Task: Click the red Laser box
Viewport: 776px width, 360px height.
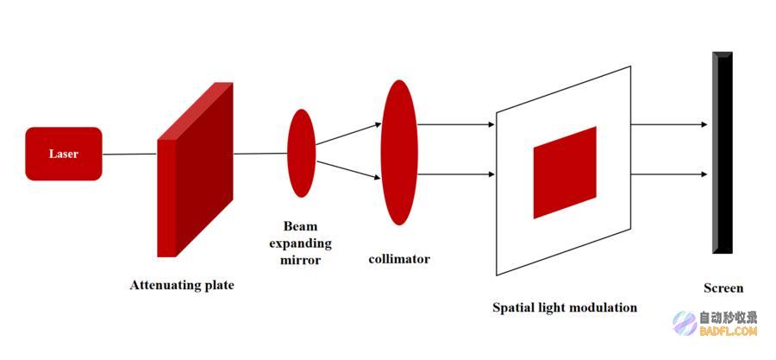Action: [64, 154]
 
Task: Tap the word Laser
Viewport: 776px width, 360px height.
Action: [64, 154]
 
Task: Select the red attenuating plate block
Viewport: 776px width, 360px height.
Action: [195, 169]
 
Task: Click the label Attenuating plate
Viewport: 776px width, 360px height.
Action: [182, 285]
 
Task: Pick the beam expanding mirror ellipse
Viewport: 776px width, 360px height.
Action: [302, 153]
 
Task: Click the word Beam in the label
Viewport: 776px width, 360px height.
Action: [300, 226]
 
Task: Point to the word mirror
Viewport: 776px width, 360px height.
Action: [300, 260]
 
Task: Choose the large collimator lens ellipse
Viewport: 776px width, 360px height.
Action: [399, 153]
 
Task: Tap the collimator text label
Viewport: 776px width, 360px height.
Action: [399, 258]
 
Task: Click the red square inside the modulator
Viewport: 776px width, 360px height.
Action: [565, 173]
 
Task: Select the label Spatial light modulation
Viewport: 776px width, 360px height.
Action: [565, 307]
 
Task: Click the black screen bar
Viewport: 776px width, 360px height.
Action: [722, 153]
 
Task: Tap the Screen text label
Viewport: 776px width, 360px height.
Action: [723, 288]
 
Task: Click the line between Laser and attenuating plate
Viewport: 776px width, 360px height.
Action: [129, 154]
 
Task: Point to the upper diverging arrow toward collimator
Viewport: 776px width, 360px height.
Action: [348, 134]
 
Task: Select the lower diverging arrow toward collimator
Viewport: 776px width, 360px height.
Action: [348, 169]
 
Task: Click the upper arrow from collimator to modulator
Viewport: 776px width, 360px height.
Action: [456, 125]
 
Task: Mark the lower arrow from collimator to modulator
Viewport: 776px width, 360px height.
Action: [456, 174]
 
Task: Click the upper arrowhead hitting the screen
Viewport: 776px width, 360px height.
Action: [704, 125]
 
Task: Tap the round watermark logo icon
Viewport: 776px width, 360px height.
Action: [685, 324]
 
